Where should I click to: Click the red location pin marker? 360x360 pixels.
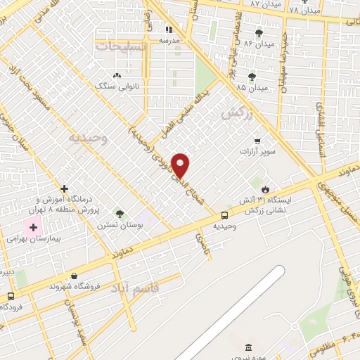coord(181,165)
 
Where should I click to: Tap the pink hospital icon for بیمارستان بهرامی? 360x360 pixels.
coord(33,227)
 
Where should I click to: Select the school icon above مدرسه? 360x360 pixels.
coord(168,30)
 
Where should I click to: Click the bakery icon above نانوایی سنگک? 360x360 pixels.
coord(117,75)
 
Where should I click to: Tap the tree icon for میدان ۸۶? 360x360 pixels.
coord(259,33)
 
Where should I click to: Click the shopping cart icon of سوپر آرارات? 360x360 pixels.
coord(257,141)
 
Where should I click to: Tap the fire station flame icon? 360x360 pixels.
coord(265,189)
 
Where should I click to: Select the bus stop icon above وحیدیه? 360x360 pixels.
coord(224,215)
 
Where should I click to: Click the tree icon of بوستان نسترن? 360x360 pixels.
coord(120,214)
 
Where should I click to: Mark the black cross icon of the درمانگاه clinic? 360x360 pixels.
coord(65,188)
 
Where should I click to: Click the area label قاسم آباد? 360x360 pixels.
coord(155,288)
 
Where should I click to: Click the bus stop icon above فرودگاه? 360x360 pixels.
coord(11,296)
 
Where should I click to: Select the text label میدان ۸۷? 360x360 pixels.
coord(265,4)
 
